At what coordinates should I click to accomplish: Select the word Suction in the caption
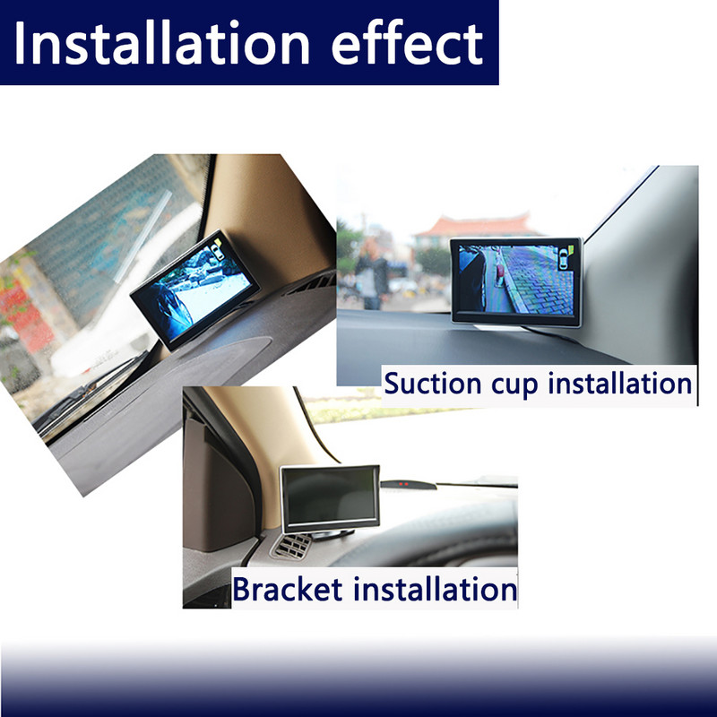tap(432, 384)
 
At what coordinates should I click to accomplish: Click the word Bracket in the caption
tap(287, 589)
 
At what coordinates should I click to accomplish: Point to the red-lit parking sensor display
tap(408, 484)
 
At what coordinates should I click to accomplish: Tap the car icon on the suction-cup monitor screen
tap(564, 261)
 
